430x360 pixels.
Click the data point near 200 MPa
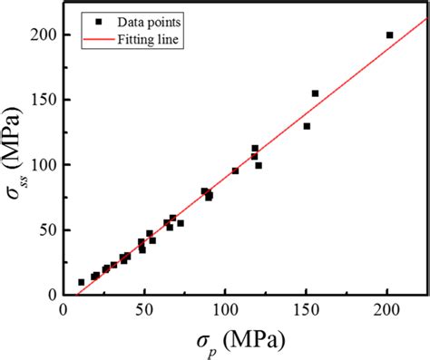tap(389, 35)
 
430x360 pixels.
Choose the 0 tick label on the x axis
tap(64, 310)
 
